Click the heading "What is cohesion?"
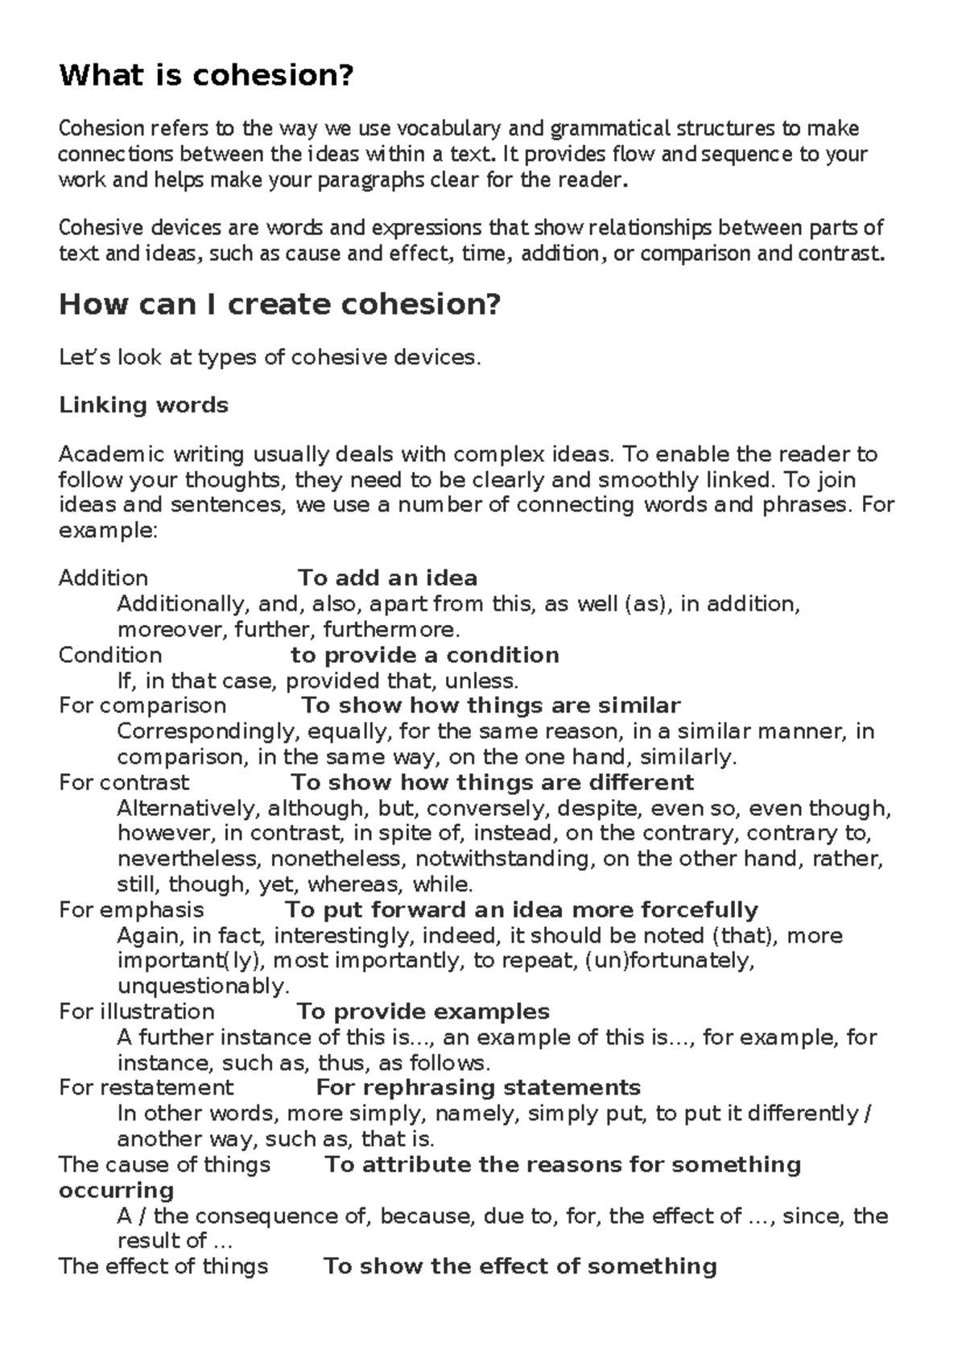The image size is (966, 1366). point(206,77)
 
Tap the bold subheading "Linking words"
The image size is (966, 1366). point(143,405)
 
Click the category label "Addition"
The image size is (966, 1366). point(103,578)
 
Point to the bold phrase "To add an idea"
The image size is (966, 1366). point(387,578)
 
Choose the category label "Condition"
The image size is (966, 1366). point(110,655)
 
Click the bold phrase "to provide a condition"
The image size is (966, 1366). point(424,655)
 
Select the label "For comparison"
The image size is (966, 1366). point(142,706)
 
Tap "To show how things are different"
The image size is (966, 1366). point(492,783)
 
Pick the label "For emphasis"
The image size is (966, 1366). point(131,910)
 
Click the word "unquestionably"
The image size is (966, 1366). point(203,986)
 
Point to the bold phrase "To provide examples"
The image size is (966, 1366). point(423,1012)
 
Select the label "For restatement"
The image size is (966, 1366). point(146,1088)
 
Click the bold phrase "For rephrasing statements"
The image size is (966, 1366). point(478,1088)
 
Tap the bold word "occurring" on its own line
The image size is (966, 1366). point(116,1190)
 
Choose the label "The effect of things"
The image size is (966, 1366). point(163,1267)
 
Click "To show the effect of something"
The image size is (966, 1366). point(519,1267)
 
